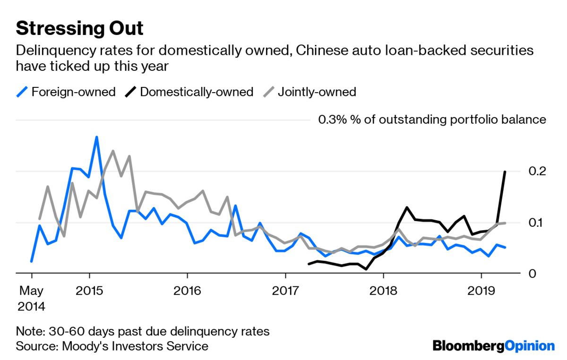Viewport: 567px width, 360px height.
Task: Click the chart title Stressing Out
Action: click(79, 28)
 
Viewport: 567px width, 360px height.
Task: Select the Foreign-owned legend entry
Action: click(66, 92)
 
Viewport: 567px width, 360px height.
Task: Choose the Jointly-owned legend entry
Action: click(309, 92)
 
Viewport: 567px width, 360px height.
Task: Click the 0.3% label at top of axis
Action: click(328, 120)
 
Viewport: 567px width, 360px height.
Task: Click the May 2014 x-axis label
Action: click(31, 297)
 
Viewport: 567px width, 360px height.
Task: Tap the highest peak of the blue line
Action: click(96, 137)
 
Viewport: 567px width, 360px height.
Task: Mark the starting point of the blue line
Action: click(32, 261)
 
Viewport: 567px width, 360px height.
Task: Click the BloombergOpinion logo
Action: click(493, 346)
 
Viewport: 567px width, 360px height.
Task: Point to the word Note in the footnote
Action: click(27, 331)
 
